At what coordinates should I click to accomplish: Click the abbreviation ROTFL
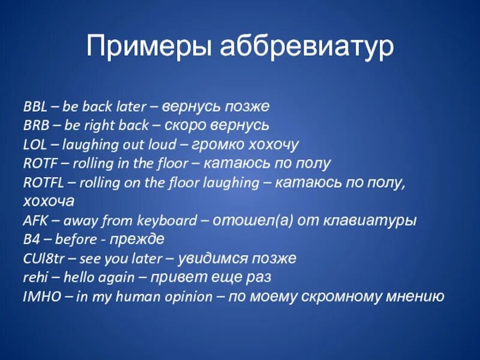tap(43, 182)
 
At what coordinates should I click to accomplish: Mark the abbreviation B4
tap(31, 239)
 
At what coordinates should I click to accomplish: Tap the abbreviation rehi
tap(34, 277)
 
